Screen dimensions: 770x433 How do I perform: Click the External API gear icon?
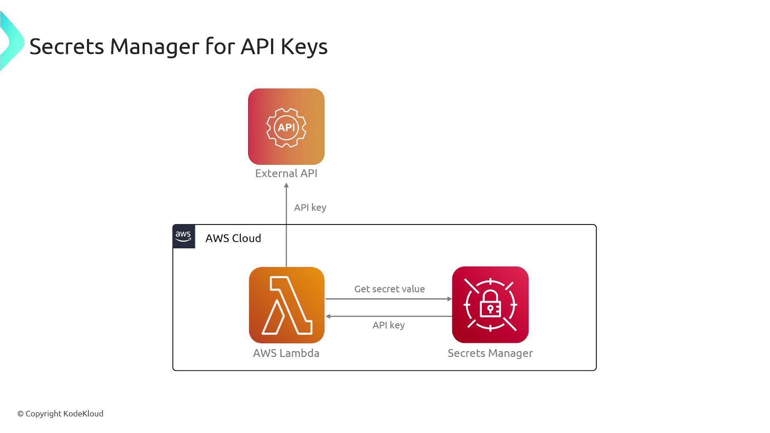pos(286,127)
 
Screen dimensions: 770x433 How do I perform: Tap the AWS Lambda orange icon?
pos(287,305)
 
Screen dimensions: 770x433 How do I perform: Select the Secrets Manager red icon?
pos(490,305)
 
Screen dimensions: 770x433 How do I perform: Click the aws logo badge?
pos(184,237)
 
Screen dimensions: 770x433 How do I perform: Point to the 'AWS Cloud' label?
pos(233,238)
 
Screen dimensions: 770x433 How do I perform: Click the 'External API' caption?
pos(286,173)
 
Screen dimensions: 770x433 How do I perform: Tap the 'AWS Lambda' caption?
pos(286,353)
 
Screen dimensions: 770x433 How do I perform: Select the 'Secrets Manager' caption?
pos(490,353)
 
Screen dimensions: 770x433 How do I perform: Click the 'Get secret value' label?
pos(389,289)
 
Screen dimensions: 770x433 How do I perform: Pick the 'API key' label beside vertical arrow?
pos(310,208)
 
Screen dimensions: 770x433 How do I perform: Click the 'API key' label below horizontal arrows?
pos(389,325)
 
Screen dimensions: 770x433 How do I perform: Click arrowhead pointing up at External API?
pos(286,185)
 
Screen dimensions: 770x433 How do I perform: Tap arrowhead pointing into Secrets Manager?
pos(450,299)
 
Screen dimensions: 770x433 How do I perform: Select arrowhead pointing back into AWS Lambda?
pos(328,316)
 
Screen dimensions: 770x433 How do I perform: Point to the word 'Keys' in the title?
pos(304,47)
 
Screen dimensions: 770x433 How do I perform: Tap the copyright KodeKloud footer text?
pos(60,414)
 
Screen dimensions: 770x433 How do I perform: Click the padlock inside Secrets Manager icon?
pos(490,304)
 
